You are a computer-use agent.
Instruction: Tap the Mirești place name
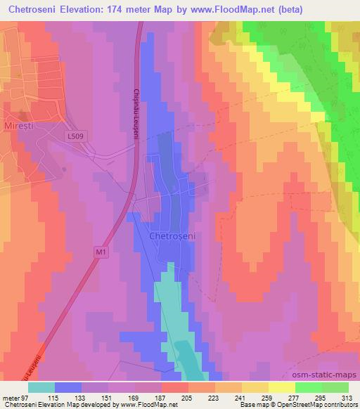pos(22,111)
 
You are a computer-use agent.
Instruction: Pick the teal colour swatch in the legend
pos(41,387)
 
